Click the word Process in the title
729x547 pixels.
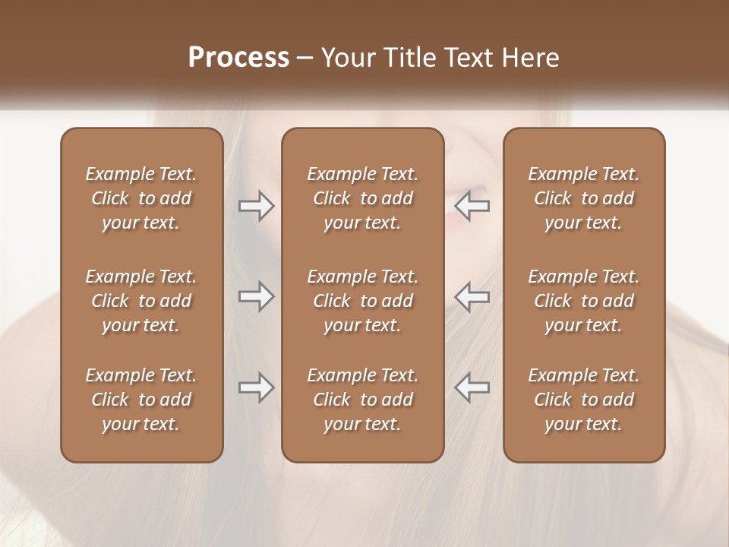(x=238, y=58)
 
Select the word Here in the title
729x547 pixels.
(x=531, y=58)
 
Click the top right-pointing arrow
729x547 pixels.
(x=256, y=206)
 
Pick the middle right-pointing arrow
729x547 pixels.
(x=256, y=296)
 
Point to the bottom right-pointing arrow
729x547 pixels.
(x=256, y=387)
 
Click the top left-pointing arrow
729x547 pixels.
(x=472, y=206)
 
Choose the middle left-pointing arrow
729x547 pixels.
(x=472, y=296)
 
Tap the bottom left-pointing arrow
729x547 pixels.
(x=472, y=387)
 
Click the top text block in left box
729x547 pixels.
(x=141, y=198)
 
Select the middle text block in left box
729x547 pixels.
(x=141, y=301)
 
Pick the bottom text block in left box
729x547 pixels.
(x=141, y=400)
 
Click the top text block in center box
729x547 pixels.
(x=362, y=198)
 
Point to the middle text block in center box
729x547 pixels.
(x=362, y=301)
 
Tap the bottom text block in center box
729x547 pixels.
(x=362, y=400)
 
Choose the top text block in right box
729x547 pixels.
(x=583, y=198)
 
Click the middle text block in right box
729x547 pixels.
(x=583, y=301)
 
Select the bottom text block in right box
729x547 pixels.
(x=583, y=400)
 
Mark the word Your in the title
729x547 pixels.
(x=347, y=58)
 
